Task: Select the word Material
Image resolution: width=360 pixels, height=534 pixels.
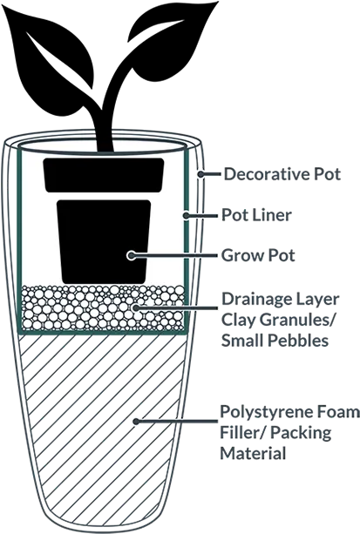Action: click(x=253, y=454)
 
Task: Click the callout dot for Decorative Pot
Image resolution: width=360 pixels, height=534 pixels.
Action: click(x=201, y=174)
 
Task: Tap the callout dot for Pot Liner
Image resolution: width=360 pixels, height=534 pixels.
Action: click(x=187, y=215)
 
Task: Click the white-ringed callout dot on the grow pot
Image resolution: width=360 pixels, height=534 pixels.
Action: click(x=131, y=255)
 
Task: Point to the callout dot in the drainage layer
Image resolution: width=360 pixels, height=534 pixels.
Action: click(x=136, y=308)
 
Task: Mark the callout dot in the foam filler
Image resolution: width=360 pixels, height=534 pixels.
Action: click(x=136, y=422)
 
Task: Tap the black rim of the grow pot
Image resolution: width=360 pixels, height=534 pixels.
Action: click(x=104, y=175)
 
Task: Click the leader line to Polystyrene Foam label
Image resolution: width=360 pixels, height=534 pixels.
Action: click(x=178, y=422)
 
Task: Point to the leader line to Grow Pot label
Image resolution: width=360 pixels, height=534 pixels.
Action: click(x=174, y=255)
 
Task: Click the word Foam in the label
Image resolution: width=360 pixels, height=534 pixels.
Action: click(x=336, y=412)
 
